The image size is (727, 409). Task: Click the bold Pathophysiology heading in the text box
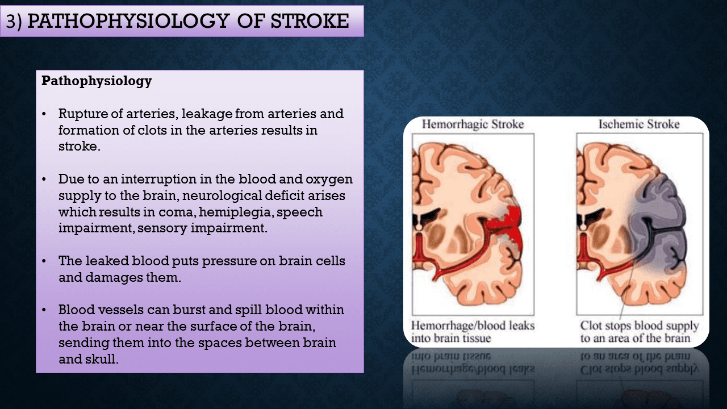click(97, 81)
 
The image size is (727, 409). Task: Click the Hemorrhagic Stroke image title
click(473, 124)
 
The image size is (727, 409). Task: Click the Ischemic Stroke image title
click(639, 124)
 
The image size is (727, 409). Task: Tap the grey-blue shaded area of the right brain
click(662, 222)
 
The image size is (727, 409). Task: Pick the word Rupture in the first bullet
click(80, 114)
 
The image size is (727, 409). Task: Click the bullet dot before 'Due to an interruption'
click(45, 179)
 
